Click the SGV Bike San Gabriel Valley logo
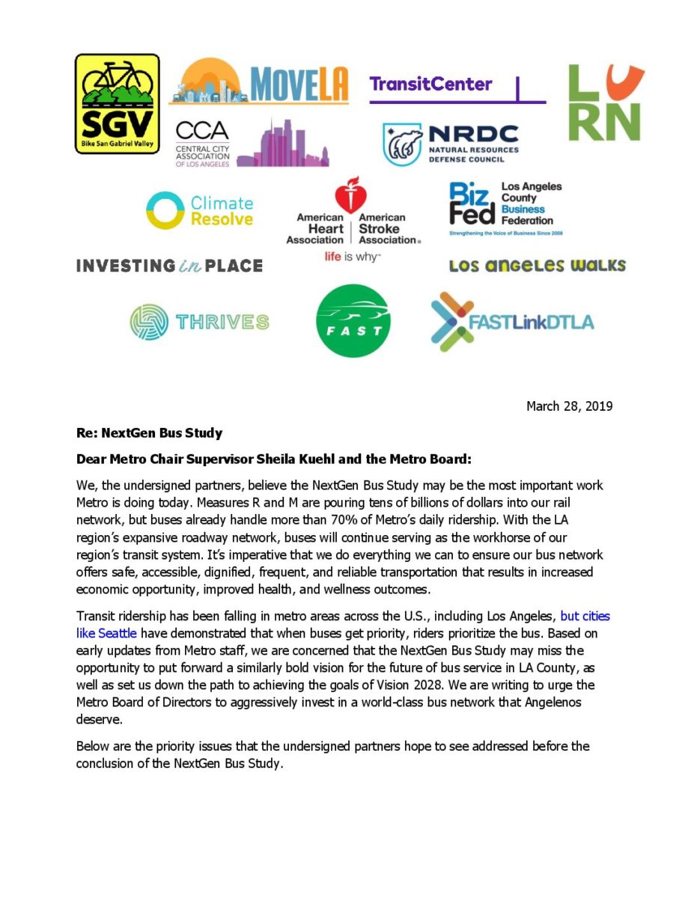[x=117, y=103]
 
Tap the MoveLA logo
[x=259, y=82]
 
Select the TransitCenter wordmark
[x=430, y=84]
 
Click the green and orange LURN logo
[x=606, y=103]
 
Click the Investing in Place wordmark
[x=169, y=266]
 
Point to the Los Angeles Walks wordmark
[x=537, y=266]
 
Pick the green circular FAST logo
[x=353, y=322]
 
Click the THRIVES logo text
[x=222, y=323]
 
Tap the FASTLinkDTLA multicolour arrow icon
[x=451, y=321]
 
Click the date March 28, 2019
[x=569, y=406]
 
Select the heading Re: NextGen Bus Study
[x=149, y=433]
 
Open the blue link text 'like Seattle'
[x=106, y=632]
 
